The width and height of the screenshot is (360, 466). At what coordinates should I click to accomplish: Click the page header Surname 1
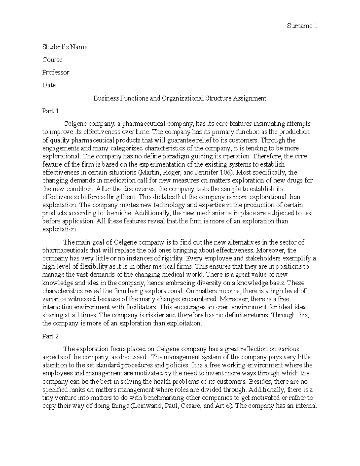point(302,26)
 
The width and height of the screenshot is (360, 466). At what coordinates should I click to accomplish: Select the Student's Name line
point(65,47)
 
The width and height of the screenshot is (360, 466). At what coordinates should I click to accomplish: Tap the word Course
point(52,60)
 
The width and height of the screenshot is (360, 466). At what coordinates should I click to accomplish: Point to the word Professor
point(56,72)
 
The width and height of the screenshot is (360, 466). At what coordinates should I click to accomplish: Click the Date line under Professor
point(49,85)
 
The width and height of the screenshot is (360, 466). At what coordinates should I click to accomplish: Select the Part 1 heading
point(50,111)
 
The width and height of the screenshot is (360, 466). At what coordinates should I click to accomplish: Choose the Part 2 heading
point(50,336)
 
